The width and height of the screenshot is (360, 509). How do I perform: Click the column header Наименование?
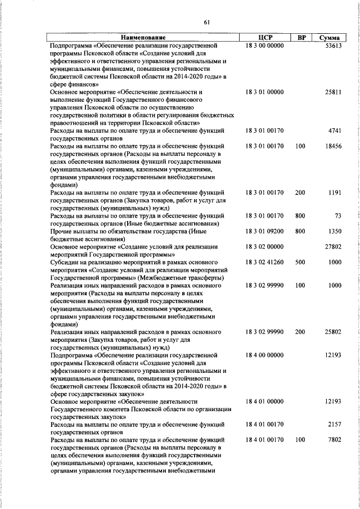pos(143,38)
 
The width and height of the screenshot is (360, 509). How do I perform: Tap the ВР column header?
pos(301,38)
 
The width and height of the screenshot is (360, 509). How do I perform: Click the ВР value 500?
pos(300,262)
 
